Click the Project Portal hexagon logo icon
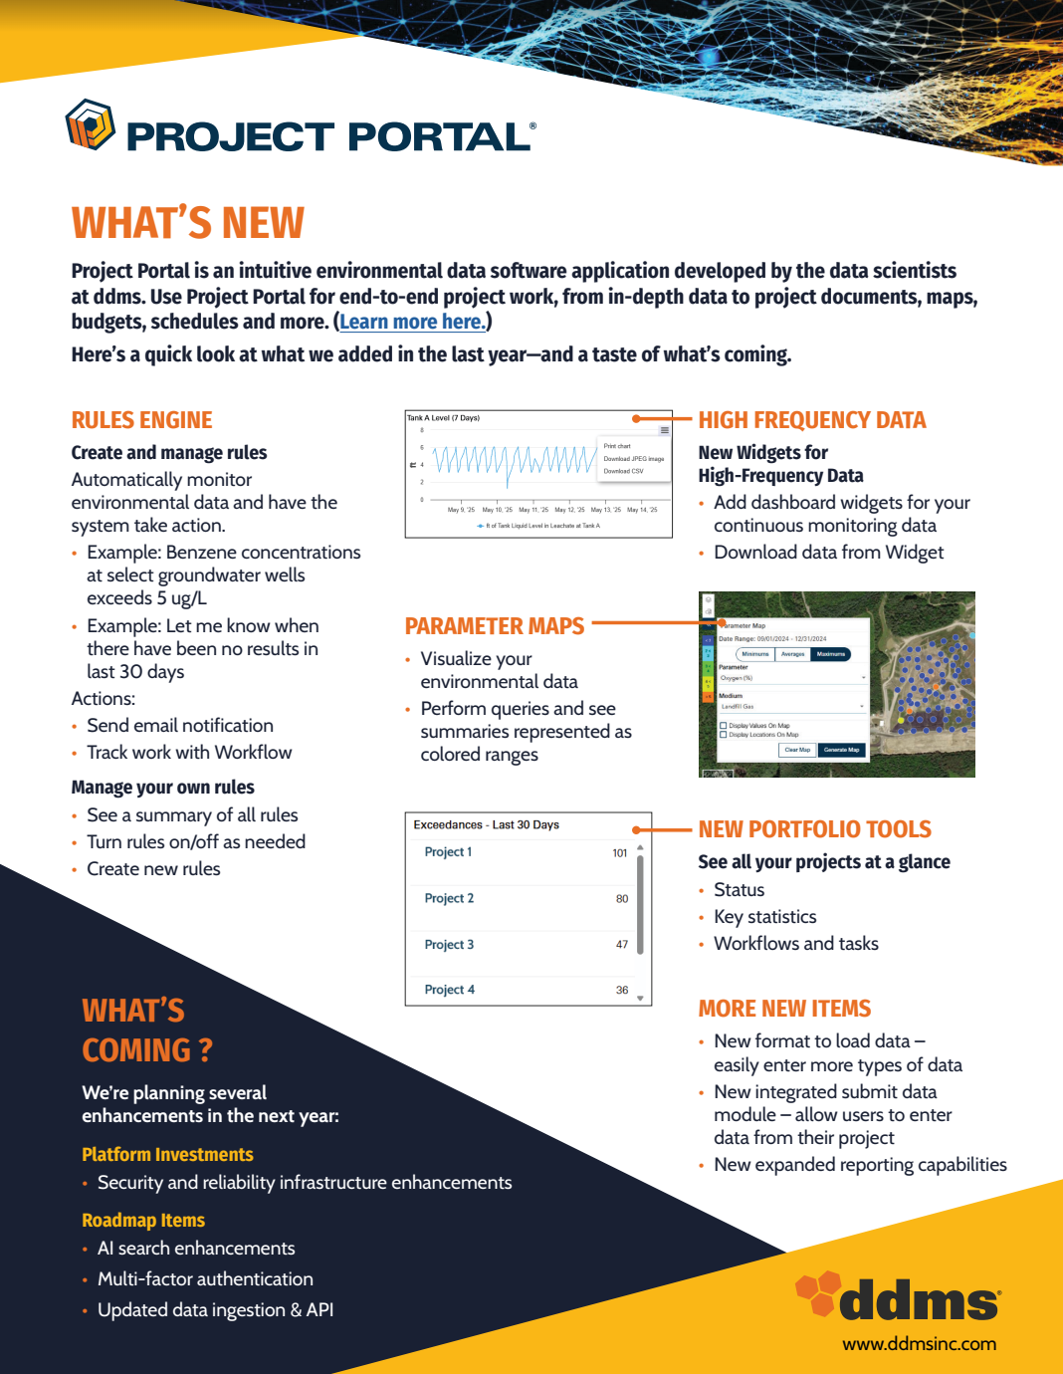[91, 125]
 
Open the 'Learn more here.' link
[412, 322]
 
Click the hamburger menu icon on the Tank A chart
[664, 430]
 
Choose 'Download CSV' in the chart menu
[623, 471]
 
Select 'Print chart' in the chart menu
[617, 446]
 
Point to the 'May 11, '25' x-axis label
[533, 510]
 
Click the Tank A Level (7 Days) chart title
[443, 418]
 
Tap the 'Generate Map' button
[841, 750]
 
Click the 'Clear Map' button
[797, 750]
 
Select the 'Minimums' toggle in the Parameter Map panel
[755, 654]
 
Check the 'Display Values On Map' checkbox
[724, 726]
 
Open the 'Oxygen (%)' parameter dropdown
[792, 678]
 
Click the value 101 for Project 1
[620, 853]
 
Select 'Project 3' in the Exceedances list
[449, 945]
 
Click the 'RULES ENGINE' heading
[142, 420]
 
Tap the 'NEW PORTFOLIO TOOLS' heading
[814, 829]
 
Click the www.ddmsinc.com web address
[919, 1344]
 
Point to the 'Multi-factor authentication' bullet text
[205, 1279]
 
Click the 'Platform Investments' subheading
[167, 1155]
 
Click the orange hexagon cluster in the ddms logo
[817, 1292]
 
